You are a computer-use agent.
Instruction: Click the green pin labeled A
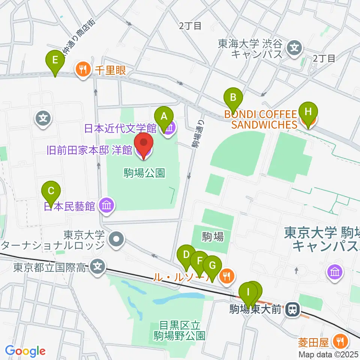pos(163,116)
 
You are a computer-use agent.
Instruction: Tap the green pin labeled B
pos(233,97)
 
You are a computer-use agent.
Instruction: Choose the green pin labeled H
pos(308,112)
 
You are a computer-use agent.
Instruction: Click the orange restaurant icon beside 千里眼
pos(82,69)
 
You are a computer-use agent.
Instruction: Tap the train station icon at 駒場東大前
pos(292,309)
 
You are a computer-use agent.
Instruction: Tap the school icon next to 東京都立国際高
pos(98,268)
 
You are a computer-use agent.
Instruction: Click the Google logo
pos(25,351)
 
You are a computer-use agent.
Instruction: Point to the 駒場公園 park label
pos(144,173)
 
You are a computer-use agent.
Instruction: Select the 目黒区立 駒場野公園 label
pos(179,330)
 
